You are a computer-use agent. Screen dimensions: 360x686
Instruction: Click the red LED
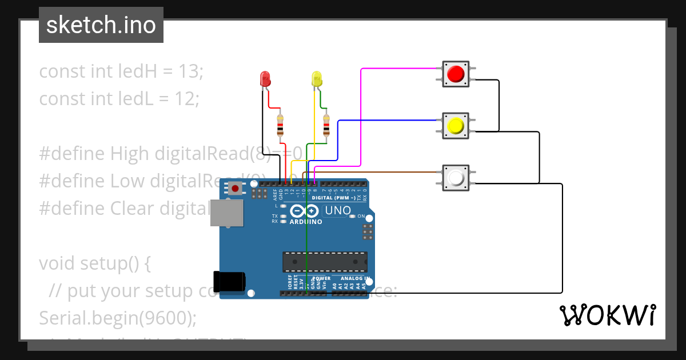click(x=265, y=79)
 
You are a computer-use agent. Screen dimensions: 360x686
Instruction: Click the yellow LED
click(x=316, y=79)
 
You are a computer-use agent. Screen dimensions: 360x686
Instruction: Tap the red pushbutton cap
click(x=456, y=74)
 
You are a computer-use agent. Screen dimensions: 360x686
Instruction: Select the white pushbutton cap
click(x=456, y=178)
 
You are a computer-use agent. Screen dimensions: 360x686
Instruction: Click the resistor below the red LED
click(x=280, y=125)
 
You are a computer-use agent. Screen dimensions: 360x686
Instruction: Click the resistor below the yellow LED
click(x=326, y=125)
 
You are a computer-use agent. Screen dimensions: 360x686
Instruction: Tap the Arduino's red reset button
click(x=235, y=187)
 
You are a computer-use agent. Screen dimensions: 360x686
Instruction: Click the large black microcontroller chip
click(x=325, y=261)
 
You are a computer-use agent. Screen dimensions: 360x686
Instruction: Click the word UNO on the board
click(x=337, y=210)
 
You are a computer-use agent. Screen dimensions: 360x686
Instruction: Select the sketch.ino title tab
click(x=101, y=25)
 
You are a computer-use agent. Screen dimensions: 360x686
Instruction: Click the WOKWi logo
click(x=607, y=315)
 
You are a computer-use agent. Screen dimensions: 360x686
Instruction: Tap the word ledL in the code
click(x=133, y=99)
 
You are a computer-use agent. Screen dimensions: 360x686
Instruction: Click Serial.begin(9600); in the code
click(x=117, y=318)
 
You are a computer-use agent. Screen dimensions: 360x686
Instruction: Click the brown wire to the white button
click(x=377, y=171)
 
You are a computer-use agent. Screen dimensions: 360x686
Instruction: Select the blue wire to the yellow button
click(x=389, y=120)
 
